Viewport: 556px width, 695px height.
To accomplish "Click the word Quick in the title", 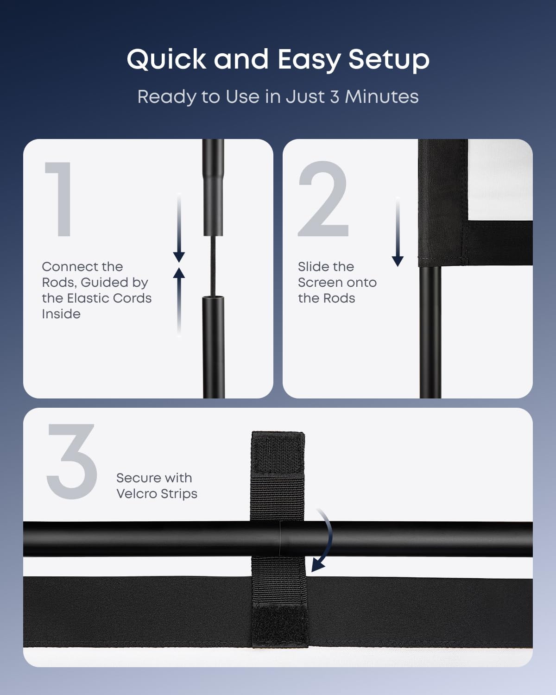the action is [166, 60].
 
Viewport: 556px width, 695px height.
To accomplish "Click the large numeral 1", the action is [59, 199].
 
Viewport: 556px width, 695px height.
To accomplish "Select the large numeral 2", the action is [323, 199].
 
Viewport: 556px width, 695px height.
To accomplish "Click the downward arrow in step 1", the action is [179, 227].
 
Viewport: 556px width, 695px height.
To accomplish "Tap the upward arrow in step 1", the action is [179, 302].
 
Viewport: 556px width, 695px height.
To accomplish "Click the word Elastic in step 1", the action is [109, 298].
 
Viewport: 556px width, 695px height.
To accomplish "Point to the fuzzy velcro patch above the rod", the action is [278, 454].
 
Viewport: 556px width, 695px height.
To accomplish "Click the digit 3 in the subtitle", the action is [335, 96].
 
